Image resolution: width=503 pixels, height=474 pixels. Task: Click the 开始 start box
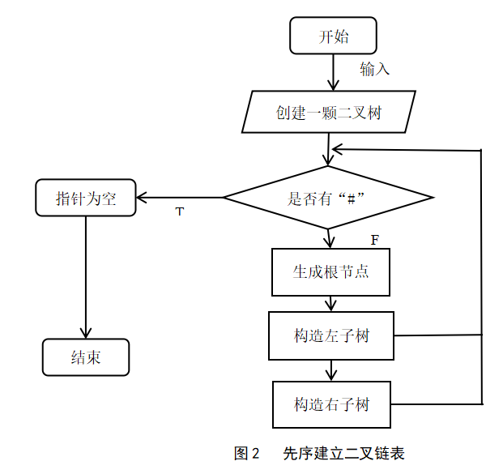pos(333,36)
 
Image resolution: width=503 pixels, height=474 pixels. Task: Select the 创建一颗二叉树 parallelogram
pos(329,112)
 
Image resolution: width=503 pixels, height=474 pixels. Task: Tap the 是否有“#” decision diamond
pos(328,198)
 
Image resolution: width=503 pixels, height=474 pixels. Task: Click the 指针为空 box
pos(86,198)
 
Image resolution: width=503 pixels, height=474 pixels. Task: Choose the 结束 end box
pos(86,357)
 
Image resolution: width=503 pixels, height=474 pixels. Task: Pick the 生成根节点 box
pos(330,271)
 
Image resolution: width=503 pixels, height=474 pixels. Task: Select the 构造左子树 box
pos(331,335)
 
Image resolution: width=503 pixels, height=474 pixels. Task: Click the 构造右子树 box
pos(332,404)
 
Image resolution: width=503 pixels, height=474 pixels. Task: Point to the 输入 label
pos(374,69)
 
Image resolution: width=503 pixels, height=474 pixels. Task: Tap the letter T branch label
pos(180,211)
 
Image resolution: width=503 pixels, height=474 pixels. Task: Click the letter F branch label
pos(375,240)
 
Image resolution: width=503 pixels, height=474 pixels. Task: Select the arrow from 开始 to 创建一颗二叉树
pos(333,73)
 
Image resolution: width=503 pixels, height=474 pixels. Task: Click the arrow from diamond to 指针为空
pos(180,198)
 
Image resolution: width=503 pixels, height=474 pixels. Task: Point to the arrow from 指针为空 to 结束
pos(86,277)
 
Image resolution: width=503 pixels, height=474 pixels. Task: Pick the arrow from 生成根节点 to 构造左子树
pos(330,304)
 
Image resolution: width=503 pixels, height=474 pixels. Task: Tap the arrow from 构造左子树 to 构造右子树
pos(331,370)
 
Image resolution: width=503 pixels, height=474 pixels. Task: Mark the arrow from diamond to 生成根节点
pos(329,238)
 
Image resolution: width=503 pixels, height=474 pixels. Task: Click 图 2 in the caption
pos(246,453)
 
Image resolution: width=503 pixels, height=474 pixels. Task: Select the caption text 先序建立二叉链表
pos(343,453)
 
